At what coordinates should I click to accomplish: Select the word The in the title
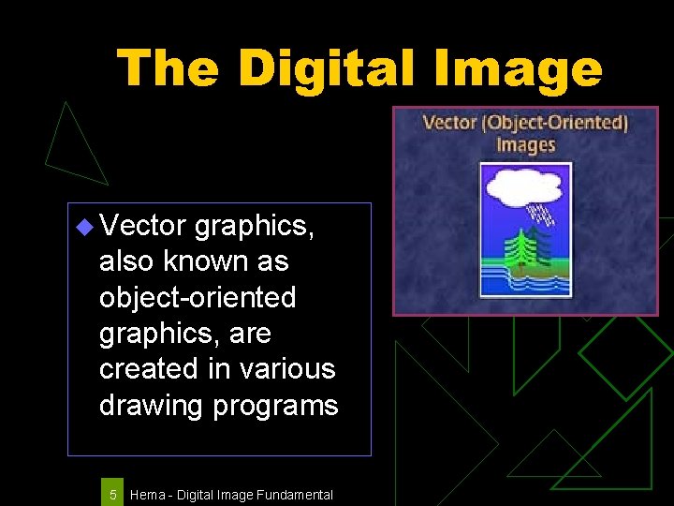coord(168,68)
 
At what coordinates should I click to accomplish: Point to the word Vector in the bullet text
coord(142,225)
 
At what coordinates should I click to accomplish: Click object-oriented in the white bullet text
coord(198,297)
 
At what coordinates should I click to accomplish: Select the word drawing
coord(150,405)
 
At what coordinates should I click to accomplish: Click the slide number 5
coord(112,494)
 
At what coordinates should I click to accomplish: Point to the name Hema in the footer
coord(147,495)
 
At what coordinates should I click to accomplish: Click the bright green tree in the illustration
coord(518,246)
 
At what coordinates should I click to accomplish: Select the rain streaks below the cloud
coord(542,216)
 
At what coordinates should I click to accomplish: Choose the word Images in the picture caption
coord(525,144)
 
